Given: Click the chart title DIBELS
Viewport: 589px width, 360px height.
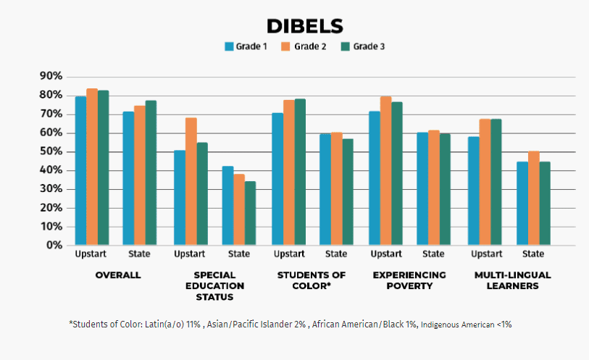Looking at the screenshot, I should click(x=304, y=26).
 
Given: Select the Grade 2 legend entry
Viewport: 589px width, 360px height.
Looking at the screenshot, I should click(x=304, y=46).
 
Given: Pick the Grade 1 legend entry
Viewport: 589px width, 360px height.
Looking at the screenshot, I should click(x=246, y=46).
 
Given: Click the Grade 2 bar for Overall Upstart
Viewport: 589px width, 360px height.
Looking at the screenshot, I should click(x=92, y=167).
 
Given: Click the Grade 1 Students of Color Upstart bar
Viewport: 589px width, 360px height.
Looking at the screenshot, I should click(x=277, y=180).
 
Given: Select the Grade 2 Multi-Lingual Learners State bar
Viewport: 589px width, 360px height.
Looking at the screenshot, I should click(x=533, y=198).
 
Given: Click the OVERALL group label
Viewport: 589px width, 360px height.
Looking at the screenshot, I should click(x=118, y=275).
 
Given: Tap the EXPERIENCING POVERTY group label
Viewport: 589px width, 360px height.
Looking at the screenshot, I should click(x=409, y=280).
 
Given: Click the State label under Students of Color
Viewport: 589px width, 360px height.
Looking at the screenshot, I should click(x=336, y=254).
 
